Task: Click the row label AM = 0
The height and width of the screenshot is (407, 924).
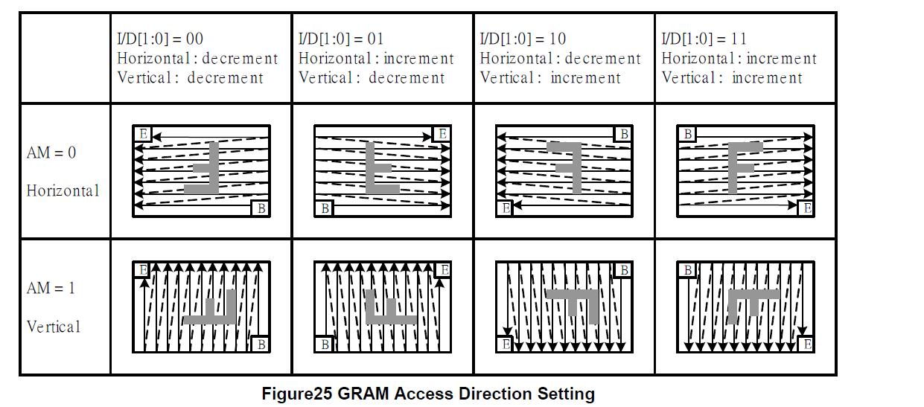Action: [x=51, y=153]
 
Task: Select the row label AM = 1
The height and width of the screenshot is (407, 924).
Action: [x=51, y=288]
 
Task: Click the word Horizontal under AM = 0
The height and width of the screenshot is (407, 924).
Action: [x=63, y=190]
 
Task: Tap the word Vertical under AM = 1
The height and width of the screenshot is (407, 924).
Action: [x=54, y=327]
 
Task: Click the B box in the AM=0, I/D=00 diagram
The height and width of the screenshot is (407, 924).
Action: [x=261, y=208]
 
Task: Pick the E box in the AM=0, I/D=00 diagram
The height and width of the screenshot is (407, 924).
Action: [x=143, y=134]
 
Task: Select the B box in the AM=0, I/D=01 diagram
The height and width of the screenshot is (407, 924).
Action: [x=325, y=208]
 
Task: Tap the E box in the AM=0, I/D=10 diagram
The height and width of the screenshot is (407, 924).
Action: [x=506, y=208]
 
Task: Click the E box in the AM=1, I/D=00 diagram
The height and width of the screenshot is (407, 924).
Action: [x=143, y=269]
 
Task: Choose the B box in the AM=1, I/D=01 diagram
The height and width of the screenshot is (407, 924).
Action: [x=325, y=344]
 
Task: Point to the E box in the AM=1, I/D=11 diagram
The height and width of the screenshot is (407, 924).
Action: [x=806, y=344]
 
